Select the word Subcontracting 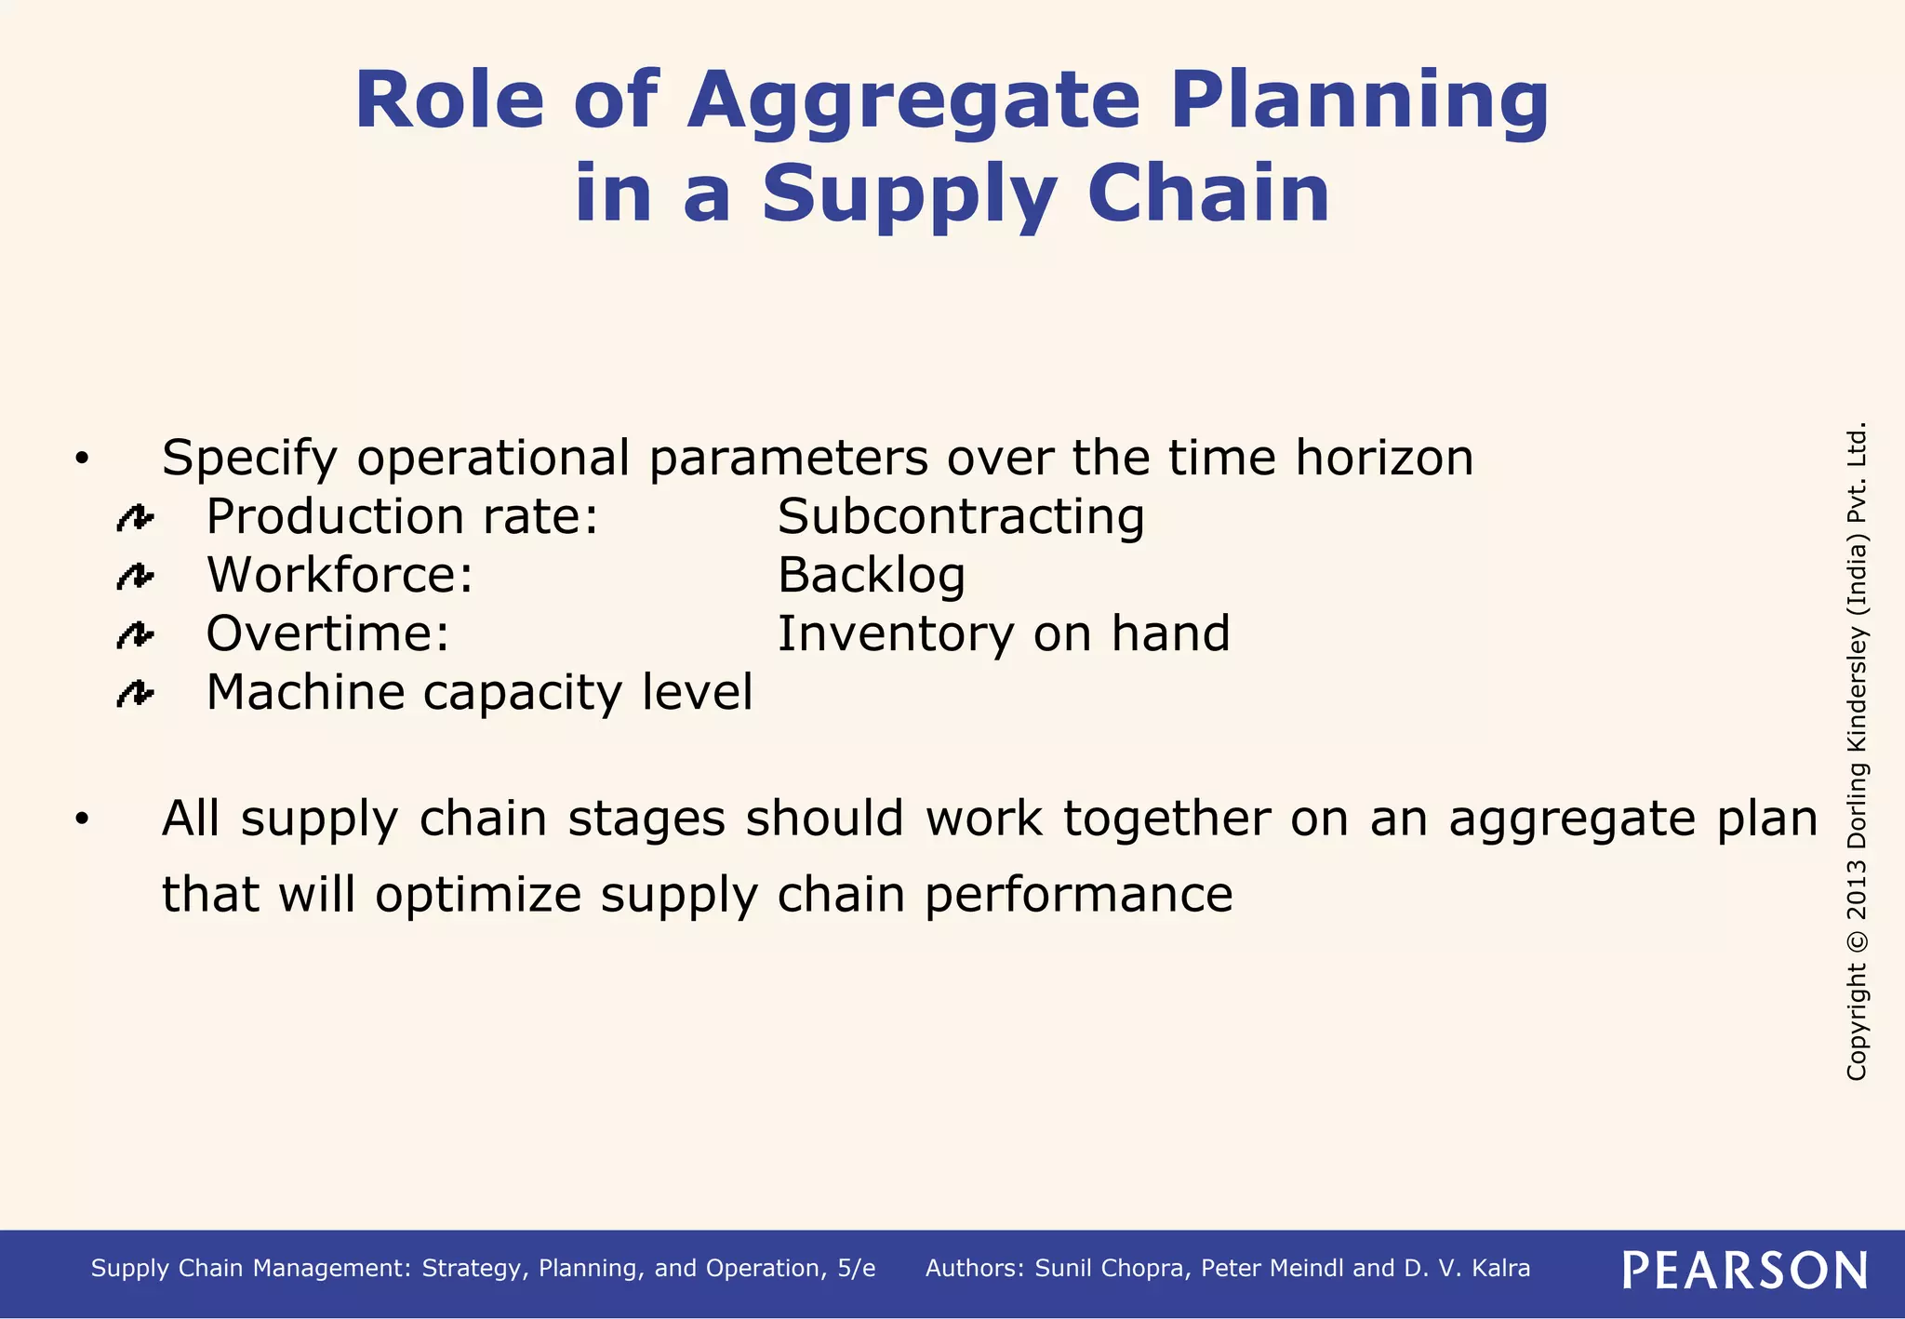(x=961, y=516)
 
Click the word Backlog (x=872, y=575)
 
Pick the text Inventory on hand (x=1004, y=633)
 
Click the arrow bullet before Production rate (x=135, y=518)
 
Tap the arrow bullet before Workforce (x=135, y=577)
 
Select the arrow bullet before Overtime (x=135, y=635)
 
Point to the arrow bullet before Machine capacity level (x=135, y=694)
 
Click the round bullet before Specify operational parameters (x=82, y=459)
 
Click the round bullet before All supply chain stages (x=82, y=819)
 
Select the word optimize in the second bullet (x=479, y=895)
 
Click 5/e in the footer (x=856, y=1269)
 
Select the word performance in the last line (x=1079, y=895)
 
